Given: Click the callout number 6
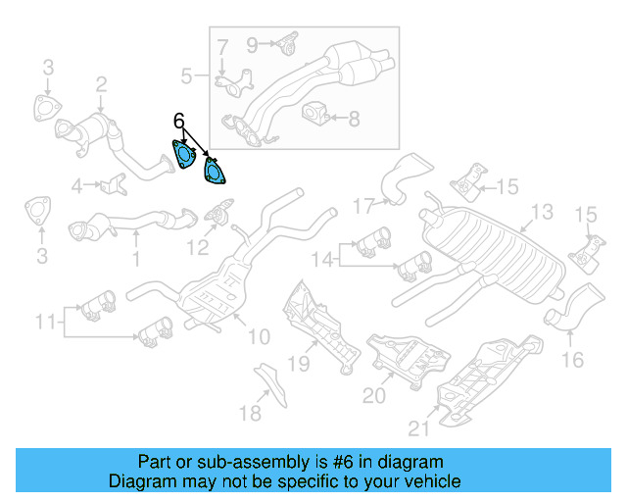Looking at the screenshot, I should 178,121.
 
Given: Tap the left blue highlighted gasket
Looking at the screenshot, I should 183,155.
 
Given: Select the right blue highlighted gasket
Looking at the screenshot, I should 212,171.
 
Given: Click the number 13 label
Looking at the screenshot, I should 541,212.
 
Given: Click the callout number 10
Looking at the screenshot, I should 258,337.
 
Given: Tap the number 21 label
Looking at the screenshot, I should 420,427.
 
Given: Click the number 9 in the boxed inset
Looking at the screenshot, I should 252,43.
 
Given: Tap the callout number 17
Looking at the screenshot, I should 363,206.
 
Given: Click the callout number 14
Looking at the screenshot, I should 324,259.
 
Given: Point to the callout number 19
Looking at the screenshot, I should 298,365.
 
